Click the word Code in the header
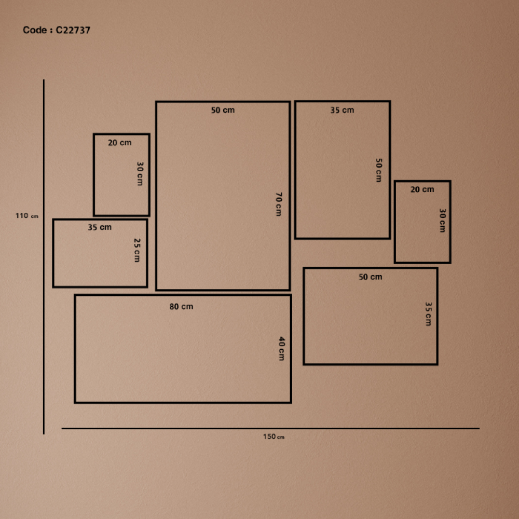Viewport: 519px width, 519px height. [x=35, y=30]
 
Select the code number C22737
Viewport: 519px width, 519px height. [x=73, y=30]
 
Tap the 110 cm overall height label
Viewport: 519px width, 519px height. [x=27, y=216]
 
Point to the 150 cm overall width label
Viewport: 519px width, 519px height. [x=274, y=436]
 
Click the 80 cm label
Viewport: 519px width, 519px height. [x=181, y=307]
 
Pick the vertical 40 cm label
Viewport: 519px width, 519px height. [x=281, y=349]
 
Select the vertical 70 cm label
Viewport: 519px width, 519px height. [x=279, y=204]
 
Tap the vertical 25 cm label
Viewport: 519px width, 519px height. [x=136, y=250]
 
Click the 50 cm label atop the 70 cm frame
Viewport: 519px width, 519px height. [x=223, y=110]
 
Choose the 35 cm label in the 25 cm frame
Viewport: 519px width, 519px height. [x=100, y=227]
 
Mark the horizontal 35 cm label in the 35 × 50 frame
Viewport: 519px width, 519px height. [x=342, y=110]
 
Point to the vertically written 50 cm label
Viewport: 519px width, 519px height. [x=379, y=170]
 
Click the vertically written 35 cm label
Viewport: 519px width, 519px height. [x=428, y=314]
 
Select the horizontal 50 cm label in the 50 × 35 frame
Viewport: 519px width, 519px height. [x=371, y=277]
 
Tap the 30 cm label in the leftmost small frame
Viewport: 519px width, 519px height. [x=140, y=174]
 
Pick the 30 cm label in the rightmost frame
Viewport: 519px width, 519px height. [x=442, y=221]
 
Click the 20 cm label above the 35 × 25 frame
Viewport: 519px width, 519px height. [x=119, y=143]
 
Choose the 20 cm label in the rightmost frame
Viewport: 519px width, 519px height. [x=422, y=189]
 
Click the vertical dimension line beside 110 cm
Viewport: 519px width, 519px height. [x=44, y=257]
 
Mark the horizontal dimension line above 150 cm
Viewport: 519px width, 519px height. [x=270, y=429]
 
